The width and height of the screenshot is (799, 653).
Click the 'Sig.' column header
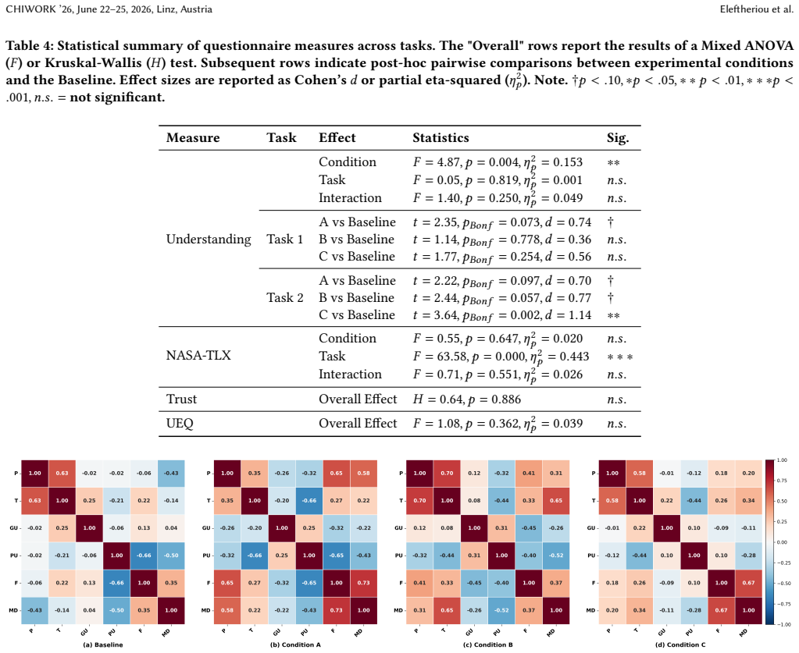[618, 138]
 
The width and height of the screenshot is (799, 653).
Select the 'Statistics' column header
[441, 137]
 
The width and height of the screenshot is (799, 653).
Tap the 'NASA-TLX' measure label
[198, 355]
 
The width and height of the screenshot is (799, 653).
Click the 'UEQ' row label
[180, 424]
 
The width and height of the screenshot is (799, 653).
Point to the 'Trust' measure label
[181, 399]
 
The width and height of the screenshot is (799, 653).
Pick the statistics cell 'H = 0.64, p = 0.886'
[467, 399]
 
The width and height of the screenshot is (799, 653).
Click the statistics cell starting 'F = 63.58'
[501, 357]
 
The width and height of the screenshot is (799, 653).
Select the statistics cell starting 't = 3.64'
[502, 315]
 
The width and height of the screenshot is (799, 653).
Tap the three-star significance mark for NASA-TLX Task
[620, 357]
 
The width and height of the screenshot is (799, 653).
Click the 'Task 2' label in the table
[285, 298]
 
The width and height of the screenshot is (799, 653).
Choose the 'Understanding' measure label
[209, 240]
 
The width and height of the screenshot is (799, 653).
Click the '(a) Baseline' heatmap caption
[103, 644]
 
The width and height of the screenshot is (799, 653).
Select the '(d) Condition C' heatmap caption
[681, 644]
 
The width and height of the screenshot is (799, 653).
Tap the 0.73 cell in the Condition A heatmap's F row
[363, 583]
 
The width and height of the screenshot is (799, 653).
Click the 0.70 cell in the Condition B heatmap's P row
[447, 474]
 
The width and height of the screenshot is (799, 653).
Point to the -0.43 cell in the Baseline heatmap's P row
[171, 474]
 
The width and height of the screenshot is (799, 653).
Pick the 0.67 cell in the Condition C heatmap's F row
[748, 583]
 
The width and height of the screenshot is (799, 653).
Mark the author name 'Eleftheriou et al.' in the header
[756, 9]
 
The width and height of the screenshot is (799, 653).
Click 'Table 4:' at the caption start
[29, 46]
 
